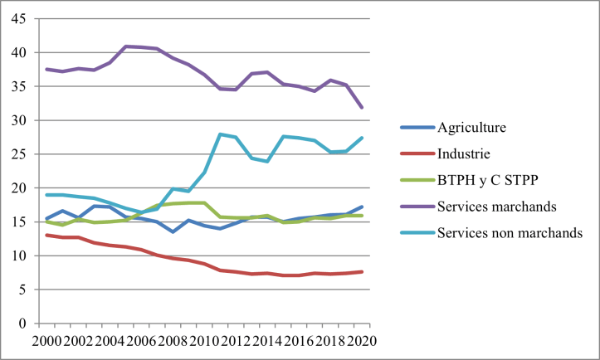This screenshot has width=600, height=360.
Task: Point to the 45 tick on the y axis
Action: (x=17, y=18)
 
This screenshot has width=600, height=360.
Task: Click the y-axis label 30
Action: (x=17, y=120)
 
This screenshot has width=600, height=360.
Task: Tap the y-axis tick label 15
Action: (x=17, y=222)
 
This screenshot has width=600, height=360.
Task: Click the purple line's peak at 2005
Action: (x=126, y=46)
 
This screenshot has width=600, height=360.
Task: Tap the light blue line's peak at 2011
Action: (x=221, y=134)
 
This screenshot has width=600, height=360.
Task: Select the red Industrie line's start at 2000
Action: (x=47, y=236)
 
